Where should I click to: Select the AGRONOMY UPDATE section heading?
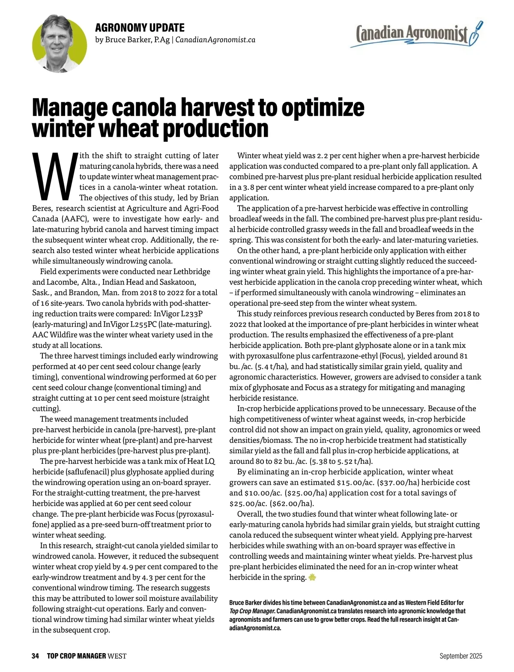[x=140, y=28]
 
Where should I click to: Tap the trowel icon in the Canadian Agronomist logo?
[x=476, y=34]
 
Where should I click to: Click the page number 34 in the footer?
[x=35, y=656]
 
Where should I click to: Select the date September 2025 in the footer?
[x=460, y=656]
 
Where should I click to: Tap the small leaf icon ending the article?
[x=312, y=577]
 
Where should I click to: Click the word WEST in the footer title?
[x=117, y=656]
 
